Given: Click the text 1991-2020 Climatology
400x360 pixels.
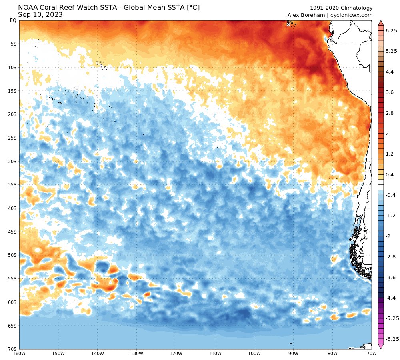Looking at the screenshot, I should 341,8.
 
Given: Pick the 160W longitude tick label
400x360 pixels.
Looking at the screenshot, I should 19,354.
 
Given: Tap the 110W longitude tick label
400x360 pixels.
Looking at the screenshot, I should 215,354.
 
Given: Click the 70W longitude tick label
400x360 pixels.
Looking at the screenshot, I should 372,354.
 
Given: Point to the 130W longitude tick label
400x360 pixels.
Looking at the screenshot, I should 137,354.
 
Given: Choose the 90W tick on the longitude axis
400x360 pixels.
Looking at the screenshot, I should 294,354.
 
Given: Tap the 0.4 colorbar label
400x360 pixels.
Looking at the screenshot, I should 389,174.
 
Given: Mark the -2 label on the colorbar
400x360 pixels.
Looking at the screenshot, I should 388,236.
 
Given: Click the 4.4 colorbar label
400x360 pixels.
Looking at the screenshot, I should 389,72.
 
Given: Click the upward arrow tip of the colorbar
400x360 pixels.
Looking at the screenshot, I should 381,22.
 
